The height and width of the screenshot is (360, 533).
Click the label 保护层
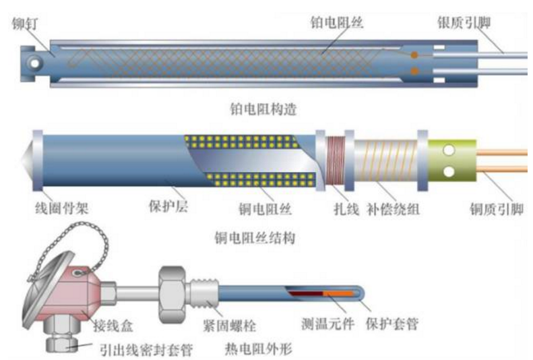[168, 206]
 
